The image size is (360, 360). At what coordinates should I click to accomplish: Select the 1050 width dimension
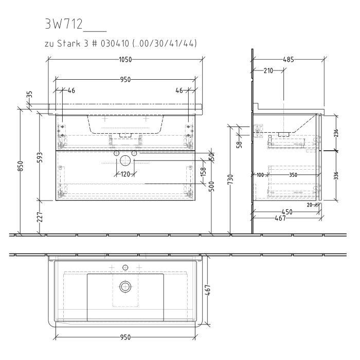(x=126, y=60)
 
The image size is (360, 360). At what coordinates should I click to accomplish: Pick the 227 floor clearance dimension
(x=40, y=217)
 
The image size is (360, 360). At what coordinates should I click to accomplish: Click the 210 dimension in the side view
(x=268, y=71)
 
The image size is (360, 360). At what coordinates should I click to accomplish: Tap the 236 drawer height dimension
(x=336, y=133)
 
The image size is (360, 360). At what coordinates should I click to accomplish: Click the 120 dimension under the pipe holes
(x=124, y=174)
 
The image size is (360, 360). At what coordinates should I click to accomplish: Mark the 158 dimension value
(x=203, y=170)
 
